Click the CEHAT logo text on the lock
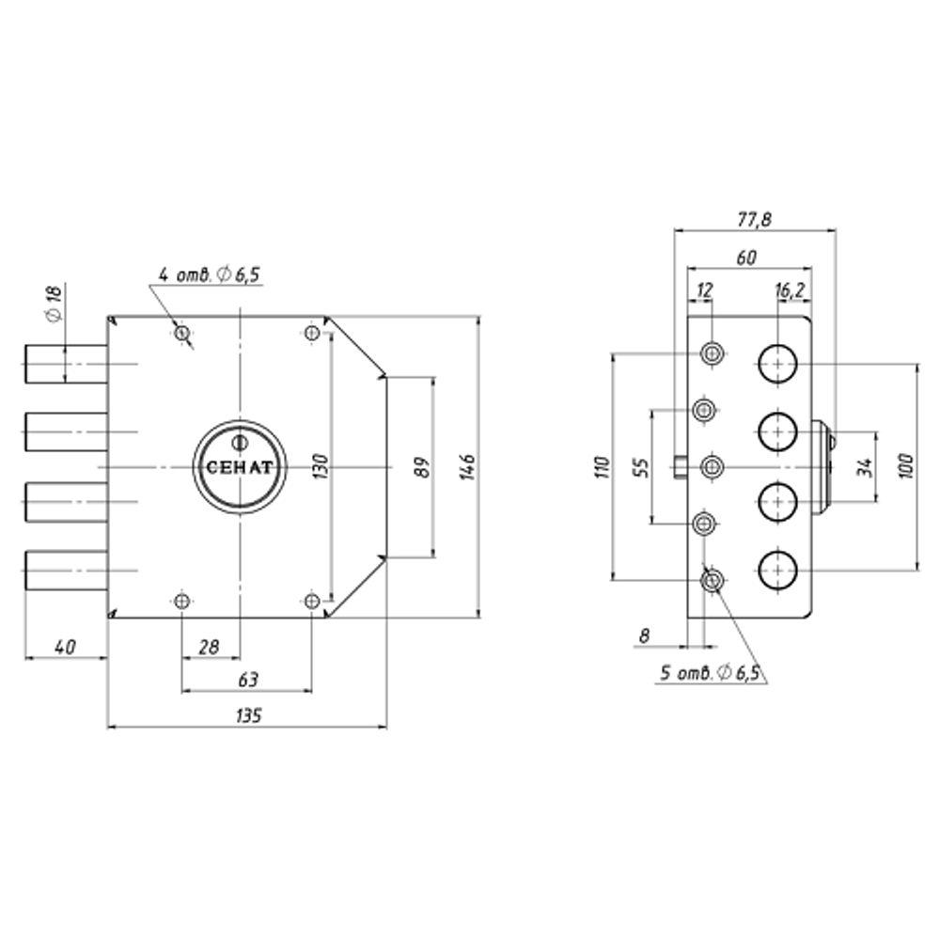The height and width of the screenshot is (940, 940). pyautogui.click(x=239, y=467)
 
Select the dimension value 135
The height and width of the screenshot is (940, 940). pyautogui.click(x=248, y=715)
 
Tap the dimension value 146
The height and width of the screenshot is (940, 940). pyautogui.click(x=469, y=467)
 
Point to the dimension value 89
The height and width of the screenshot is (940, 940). pyautogui.click(x=423, y=467)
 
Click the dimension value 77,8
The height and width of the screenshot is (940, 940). pyautogui.click(x=754, y=220)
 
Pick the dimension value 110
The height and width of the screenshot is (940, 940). pyautogui.click(x=603, y=467)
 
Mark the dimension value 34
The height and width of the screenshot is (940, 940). pyautogui.click(x=865, y=467)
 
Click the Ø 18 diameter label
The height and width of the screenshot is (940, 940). pyautogui.click(x=55, y=304)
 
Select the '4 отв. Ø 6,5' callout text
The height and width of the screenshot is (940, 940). pyautogui.click(x=210, y=275)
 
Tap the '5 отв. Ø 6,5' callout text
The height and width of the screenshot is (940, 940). pyautogui.click(x=711, y=673)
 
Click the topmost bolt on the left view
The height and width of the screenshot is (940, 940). pyautogui.click(x=67, y=364)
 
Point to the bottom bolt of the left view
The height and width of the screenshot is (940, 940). pyautogui.click(x=67, y=571)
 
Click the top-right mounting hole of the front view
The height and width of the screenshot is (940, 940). pyautogui.click(x=312, y=333)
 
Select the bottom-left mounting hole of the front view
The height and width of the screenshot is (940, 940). pyautogui.click(x=182, y=601)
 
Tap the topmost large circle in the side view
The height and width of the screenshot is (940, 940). pyautogui.click(x=777, y=363)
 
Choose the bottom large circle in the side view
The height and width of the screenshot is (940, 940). pyautogui.click(x=777, y=571)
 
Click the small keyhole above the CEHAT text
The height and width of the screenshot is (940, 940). pyautogui.click(x=239, y=444)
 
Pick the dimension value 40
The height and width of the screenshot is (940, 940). pyautogui.click(x=65, y=648)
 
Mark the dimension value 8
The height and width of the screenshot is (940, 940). pyautogui.click(x=645, y=635)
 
